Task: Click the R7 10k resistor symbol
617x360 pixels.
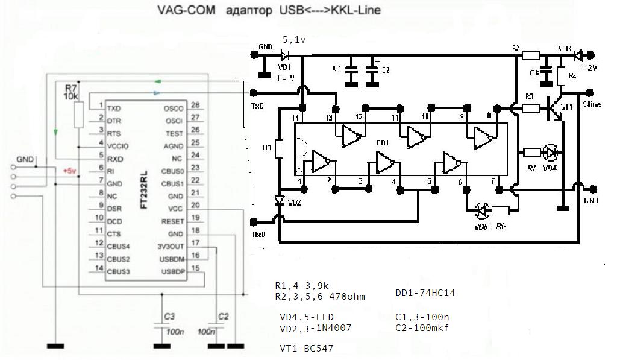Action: [x=78, y=115]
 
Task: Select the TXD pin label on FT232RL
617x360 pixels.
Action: [x=113, y=108]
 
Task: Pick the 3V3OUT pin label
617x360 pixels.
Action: [x=171, y=246]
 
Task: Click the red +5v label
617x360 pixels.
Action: [x=70, y=171]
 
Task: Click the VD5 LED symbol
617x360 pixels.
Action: [x=481, y=210]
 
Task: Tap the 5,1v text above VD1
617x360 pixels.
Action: [x=293, y=40]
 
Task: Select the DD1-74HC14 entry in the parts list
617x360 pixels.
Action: [x=425, y=293]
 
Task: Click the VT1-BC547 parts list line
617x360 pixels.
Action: [x=306, y=349]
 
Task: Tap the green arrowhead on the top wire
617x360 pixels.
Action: [x=157, y=81]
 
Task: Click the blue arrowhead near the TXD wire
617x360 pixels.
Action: [x=157, y=93]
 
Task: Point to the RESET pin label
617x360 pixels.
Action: [x=172, y=221]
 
